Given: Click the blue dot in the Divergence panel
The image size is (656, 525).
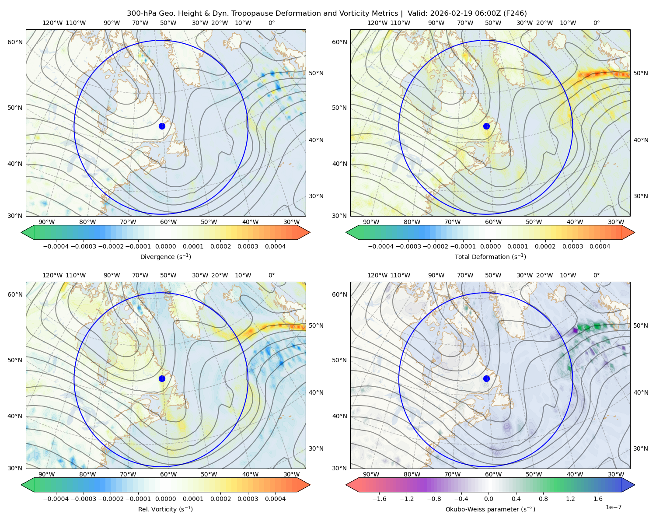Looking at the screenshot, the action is (x=162, y=126).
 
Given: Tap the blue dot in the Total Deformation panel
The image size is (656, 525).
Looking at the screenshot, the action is (x=486, y=126).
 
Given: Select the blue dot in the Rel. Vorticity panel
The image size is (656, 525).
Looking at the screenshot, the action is (x=162, y=378).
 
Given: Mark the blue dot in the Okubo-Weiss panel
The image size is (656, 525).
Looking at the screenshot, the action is (x=486, y=378).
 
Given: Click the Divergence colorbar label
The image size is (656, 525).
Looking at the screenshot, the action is (x=165, y=256).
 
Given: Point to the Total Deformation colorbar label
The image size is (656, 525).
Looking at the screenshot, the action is (x=490, y=256).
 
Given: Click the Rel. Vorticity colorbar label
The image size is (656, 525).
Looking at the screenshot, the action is (x=165, y=509).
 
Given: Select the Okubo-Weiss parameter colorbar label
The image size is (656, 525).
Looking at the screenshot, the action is (x=490, y=509).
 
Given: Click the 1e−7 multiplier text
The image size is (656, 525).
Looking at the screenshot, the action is (x=613, y=507).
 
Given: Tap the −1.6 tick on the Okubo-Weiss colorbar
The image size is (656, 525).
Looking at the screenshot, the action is (x=379, y=498).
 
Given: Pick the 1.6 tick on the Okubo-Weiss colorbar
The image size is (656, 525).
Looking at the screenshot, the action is (x=598, y=498).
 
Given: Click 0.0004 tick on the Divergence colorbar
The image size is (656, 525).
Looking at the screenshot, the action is (x=275, y=246).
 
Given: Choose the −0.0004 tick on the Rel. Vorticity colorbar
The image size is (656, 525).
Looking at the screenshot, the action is (x=56, y=498).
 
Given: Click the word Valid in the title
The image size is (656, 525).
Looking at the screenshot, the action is (x=417, y=14).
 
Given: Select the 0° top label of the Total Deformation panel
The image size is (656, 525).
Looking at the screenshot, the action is (x=596, y=23).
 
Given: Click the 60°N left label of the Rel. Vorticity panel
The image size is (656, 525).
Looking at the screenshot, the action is (x=15, y=294).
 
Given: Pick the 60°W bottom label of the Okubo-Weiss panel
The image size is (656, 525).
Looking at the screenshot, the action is (x=493, y=474).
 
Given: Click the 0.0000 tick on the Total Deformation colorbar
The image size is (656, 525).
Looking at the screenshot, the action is (x=490, y=246).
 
